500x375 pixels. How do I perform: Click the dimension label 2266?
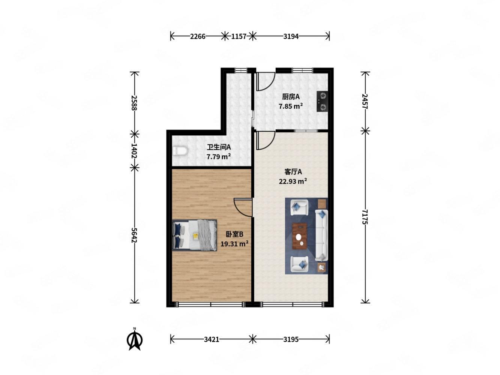pos(198,36)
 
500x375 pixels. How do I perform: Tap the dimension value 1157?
pos(239,36)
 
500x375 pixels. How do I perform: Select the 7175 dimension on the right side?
pos(365,217)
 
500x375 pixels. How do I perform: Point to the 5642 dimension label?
pos(134,235)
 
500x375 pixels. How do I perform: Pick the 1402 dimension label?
pos(134,151)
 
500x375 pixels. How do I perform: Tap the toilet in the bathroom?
pos(180,151)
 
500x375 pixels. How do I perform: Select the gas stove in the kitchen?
pos(322,101)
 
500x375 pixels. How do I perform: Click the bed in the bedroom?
pos(194,235)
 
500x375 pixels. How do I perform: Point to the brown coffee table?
pos(299,236)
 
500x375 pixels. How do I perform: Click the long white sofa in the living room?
pos(321,235)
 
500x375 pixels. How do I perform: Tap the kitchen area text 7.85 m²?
pos(290,106)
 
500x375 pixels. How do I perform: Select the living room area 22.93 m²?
pos(293,181)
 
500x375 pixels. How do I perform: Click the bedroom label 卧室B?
pos(234,234)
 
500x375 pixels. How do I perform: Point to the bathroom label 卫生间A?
pos(218,147)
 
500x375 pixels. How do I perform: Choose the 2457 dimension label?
pos(365,101)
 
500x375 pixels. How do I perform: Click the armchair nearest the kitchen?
pos(299,207)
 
